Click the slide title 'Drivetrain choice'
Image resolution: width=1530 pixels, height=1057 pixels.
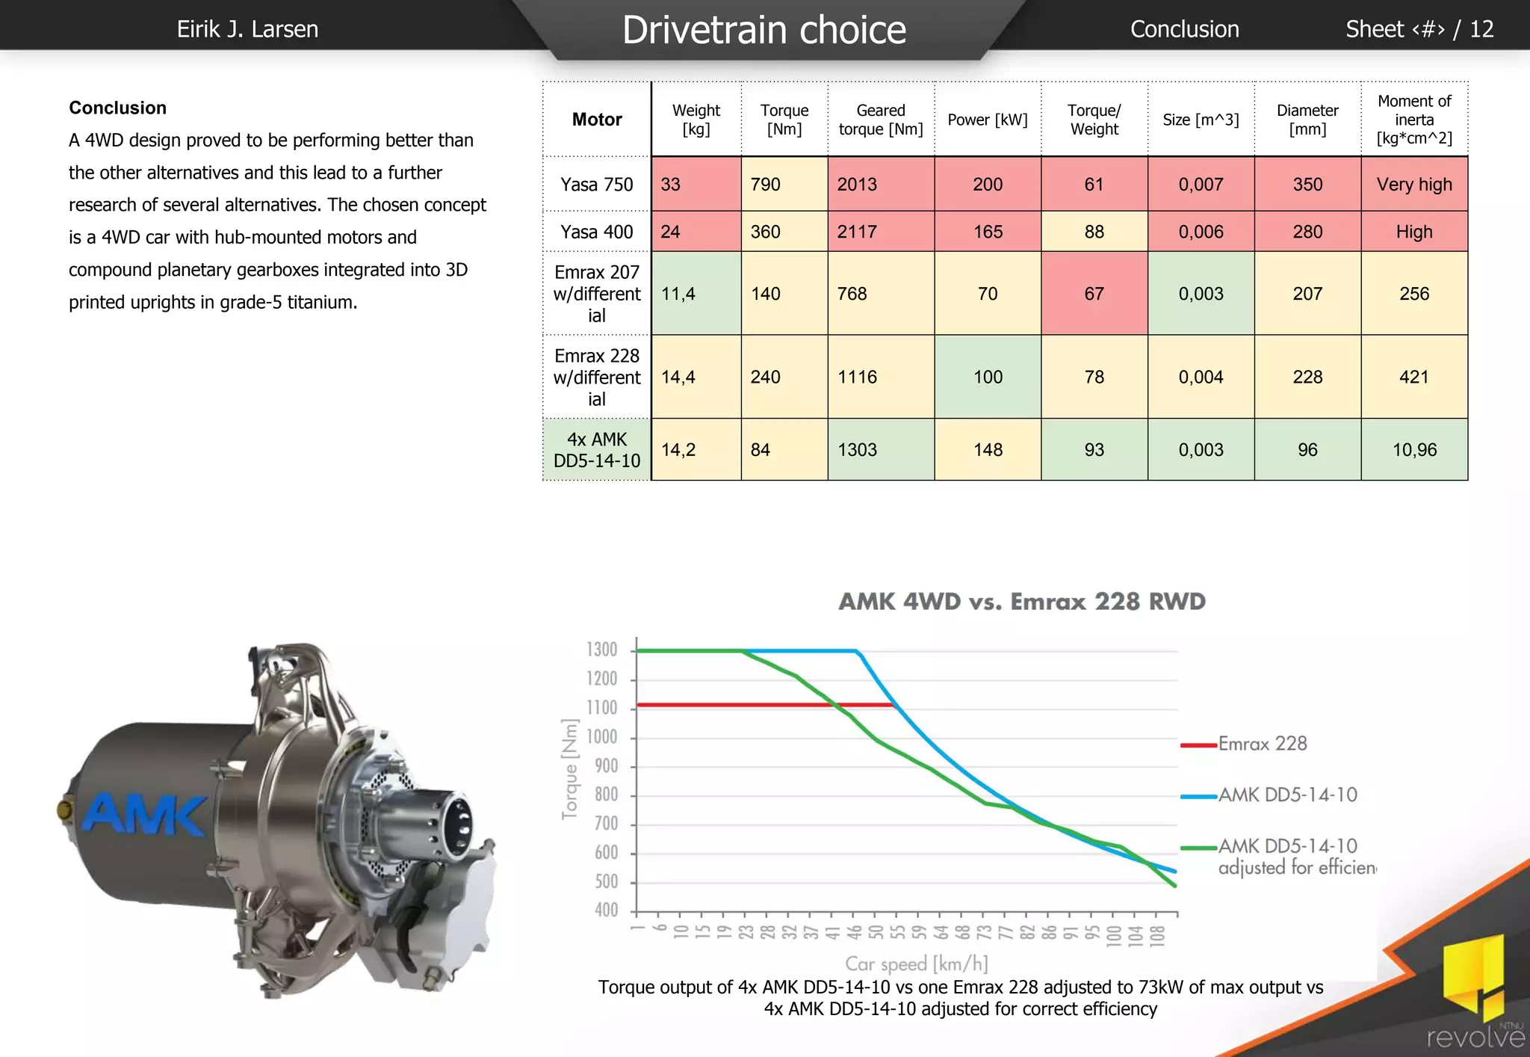[x=764, y=30]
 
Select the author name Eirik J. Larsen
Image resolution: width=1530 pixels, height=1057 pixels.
[x=247, y=29]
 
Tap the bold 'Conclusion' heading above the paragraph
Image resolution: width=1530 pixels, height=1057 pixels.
[x=118, y=108]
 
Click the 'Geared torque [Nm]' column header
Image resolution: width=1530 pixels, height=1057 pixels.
[x=881, y=120]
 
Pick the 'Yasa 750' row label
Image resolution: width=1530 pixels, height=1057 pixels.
[x=597, y=184]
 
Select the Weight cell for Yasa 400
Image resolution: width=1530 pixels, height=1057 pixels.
[x=696, y=232]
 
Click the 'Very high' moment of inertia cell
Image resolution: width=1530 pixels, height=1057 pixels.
[x=1414, y=184]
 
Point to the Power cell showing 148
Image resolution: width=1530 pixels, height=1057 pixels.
[x=988, y=449]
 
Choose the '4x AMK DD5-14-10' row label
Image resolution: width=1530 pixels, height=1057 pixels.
[x=597, y=450]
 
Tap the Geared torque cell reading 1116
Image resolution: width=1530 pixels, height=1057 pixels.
[x=881, y=377]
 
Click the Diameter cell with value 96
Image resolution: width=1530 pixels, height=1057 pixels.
[x=1307, y=449]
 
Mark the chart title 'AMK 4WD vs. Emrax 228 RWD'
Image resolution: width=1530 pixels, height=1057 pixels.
[x=1022, y=602]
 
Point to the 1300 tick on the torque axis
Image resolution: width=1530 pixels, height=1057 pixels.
[x=602, y=650]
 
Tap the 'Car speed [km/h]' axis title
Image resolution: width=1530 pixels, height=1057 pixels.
[x=917, y=964]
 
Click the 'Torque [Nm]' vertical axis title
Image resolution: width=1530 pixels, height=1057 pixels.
[x=570, y=769]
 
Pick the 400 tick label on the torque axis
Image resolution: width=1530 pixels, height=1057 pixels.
[x=606, y=910]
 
